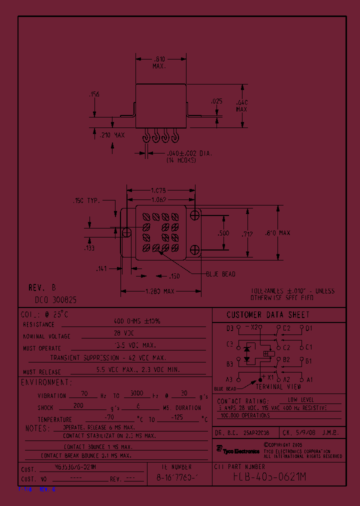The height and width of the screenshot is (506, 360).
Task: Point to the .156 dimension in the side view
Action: coord(93,94)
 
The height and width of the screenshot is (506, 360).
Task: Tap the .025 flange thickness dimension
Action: coord(217,101)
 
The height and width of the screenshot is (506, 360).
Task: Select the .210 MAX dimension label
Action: coord(112,135)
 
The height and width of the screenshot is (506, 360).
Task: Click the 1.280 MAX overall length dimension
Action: coord(160,291)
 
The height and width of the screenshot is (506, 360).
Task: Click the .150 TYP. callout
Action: coord(87,200)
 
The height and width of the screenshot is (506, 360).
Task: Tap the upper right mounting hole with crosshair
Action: coord(194,214)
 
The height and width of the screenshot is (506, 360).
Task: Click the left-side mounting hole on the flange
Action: coord(126,232)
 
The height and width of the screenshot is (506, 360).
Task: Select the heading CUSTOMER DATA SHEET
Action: coord(268,315)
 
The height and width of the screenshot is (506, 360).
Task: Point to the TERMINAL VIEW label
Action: coord(278,386)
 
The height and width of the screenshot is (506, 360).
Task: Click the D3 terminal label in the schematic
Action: coord(229,328)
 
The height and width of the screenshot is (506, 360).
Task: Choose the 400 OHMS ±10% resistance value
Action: coord(137,321)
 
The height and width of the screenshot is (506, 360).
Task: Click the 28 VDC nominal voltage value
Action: coord(137,333)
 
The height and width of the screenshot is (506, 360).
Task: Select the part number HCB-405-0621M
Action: coord(269,477)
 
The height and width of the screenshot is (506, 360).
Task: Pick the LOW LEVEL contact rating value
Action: coord(301,400)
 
